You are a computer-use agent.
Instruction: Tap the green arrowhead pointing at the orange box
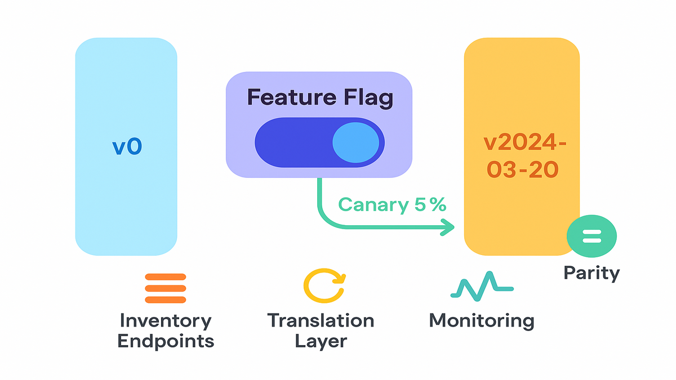(x=448, y=227)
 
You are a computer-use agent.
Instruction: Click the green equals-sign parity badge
(x=591, y=236)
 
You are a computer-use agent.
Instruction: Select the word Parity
(x=591, y=273)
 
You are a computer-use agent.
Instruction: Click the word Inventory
(x=165, y=321)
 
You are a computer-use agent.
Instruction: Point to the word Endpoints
(x=165, y=341)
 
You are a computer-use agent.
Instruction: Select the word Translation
(x=320, y=321)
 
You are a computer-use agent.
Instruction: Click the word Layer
(x=320, y=341)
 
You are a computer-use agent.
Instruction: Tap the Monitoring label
(x=482, y=321)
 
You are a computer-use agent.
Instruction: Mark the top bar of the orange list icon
(x=165, y=277)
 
